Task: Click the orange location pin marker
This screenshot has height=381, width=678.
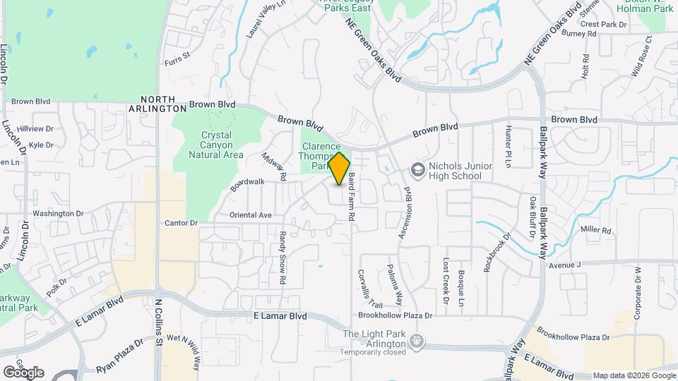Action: (x=340, y=168)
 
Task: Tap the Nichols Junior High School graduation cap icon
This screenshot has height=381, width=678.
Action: (x=417, y=170)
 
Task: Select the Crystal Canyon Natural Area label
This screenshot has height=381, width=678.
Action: (x=217, y=145)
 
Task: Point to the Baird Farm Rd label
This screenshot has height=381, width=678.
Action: (x=350, y=199)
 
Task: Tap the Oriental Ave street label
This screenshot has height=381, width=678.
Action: (x=251, y=214)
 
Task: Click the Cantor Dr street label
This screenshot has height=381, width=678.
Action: (x=180, y=223)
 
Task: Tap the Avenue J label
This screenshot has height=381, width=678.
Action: (x=564, y=265)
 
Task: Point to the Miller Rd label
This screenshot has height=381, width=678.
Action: (x=595, y=230)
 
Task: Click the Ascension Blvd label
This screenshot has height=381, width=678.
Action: (x=405, y=212)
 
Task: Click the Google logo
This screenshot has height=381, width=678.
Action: (x=23, y=372)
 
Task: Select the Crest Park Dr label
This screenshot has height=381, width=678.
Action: (x=604, y=24)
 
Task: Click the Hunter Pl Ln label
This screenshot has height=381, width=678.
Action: (x=508, y=147)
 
